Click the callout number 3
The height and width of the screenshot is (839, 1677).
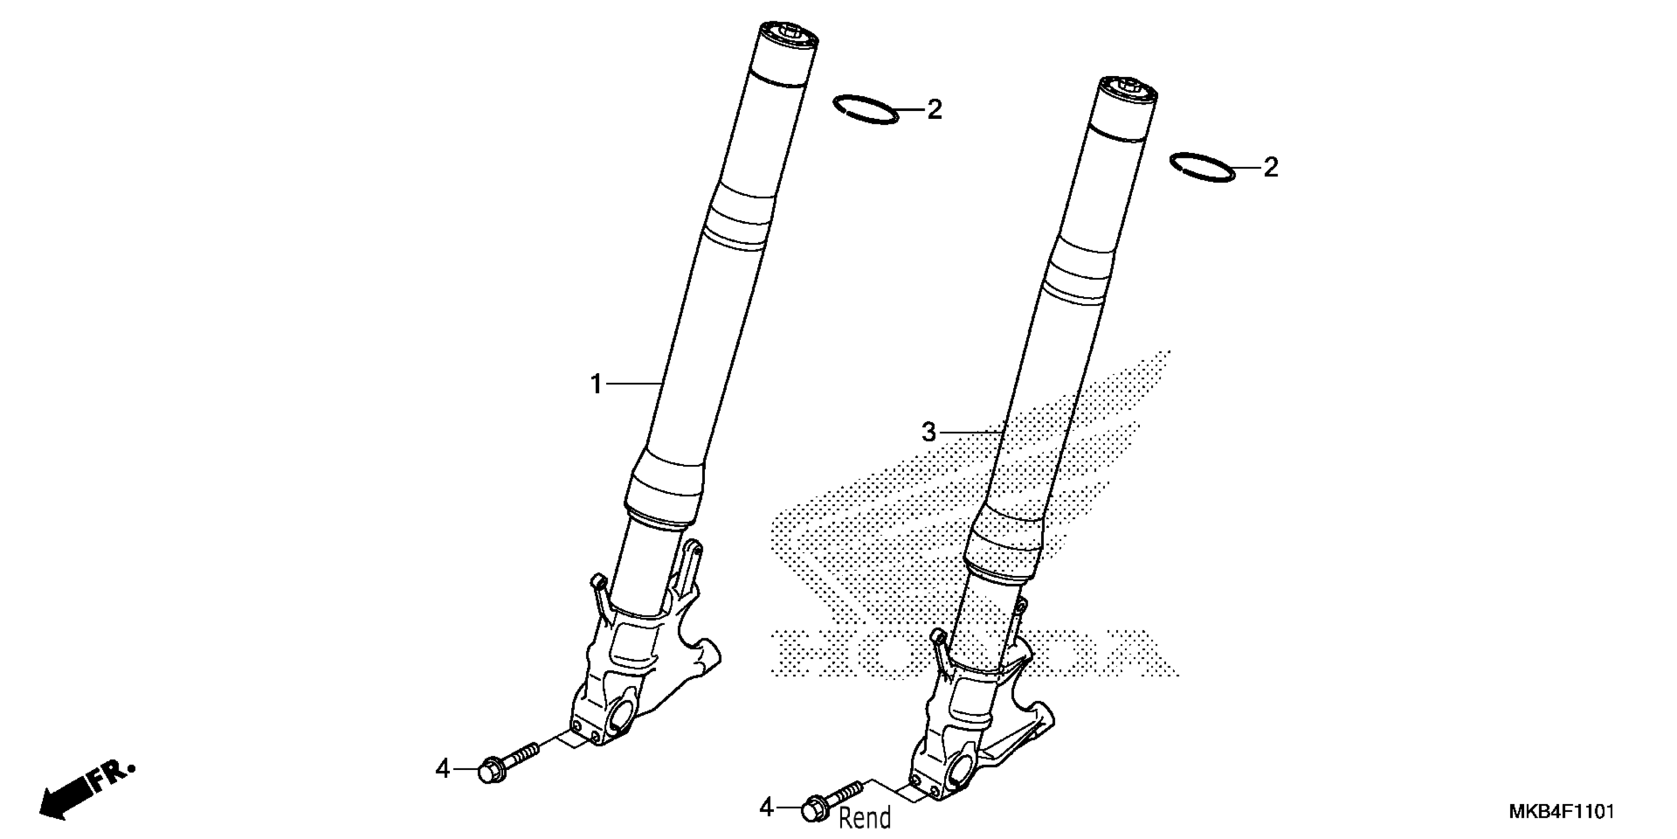(929, 432)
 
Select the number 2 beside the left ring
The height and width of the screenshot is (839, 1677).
(934, 110)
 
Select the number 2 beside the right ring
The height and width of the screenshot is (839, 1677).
(1270, 168)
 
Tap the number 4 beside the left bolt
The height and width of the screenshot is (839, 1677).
(443, 769)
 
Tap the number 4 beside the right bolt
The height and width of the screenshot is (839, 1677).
(766, 808)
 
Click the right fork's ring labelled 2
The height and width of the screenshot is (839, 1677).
(1202, 167)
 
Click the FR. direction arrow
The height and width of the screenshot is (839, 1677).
(85, 792)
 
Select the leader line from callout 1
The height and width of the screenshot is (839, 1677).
(633, 384)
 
